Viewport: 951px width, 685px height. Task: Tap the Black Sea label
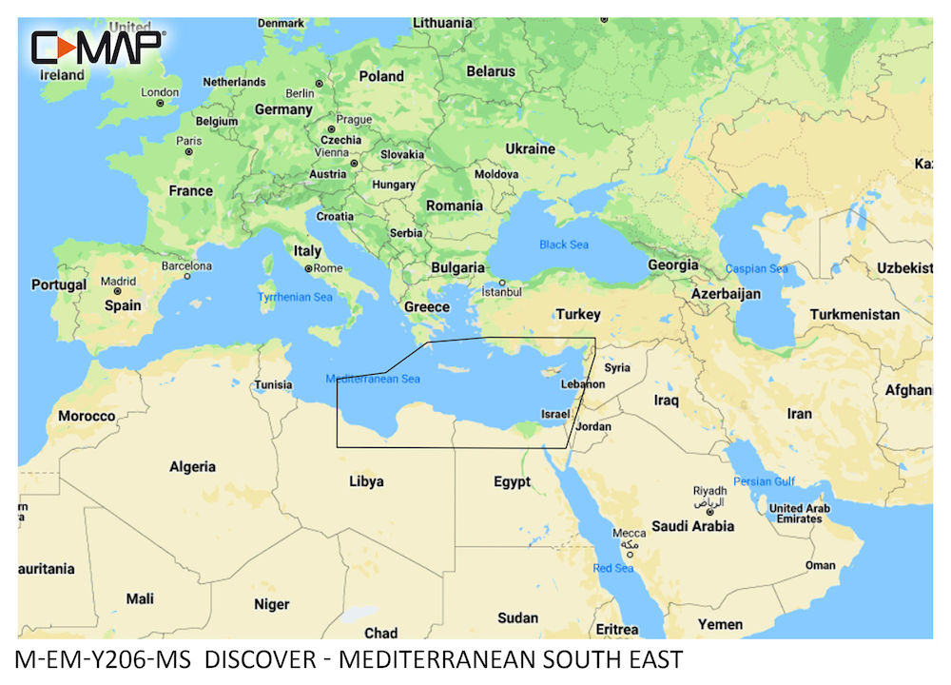pyautogui.click(x=564, y=245)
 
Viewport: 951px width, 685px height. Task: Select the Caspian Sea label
pyautogui.click(x=757, y=268)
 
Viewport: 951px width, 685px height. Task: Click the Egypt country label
pyautogui.click(x=512, y=482)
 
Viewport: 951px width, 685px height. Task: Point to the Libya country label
pyautogui.click(x=366, y=481)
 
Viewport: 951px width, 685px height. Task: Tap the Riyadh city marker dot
pyautogui.click(x=709, y=513)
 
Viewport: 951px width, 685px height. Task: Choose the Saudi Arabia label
pyautogui.click(x=692, y=526)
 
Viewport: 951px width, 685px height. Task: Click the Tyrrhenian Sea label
pyautogui.click(x=296, y=298)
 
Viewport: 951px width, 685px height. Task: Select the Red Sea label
pyautogui.click(x=613, y=568)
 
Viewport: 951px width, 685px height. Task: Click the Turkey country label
pyautogui.click(x=578, y=314)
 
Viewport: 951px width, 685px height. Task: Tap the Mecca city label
pyautogui.click(x=630, y=534)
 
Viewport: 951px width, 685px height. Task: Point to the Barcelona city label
pyautogui.click(x=186, y=265)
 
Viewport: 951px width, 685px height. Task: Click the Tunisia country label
pyautogui.click(x=273, y=385)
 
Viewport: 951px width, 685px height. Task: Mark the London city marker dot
pyautogui.click(x=161, y=102)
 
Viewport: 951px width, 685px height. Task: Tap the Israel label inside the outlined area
pyautogui.click(x=554, y=414)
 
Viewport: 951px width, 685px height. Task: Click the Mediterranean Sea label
pyautogui.click(x=373, y=379)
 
